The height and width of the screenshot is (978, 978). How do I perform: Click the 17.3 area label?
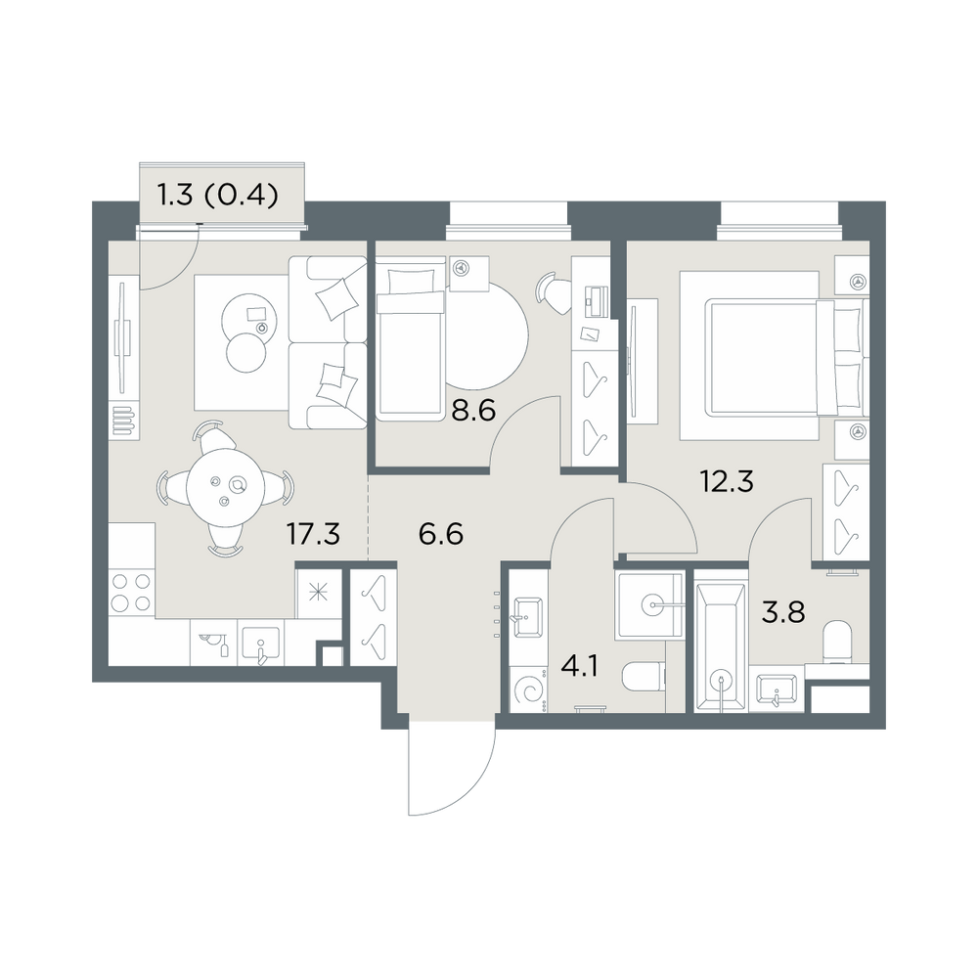tap(313, 535)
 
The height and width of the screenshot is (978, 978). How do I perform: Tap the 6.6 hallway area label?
tap(441, 535)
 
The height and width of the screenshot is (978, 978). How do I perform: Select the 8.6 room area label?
tap(473, 411)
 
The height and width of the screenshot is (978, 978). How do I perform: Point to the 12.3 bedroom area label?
tap(728, 481)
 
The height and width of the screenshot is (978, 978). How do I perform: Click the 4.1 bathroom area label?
tap(580, 667)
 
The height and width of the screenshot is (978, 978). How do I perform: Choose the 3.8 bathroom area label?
tap(783, 612)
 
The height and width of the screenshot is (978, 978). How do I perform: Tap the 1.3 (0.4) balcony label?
tap(218, 197)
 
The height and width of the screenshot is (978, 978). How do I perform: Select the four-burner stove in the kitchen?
tap(131, 593)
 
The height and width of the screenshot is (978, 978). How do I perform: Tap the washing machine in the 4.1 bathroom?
tap(529, 689)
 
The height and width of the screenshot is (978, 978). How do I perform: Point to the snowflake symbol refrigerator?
tap(319, 593)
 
